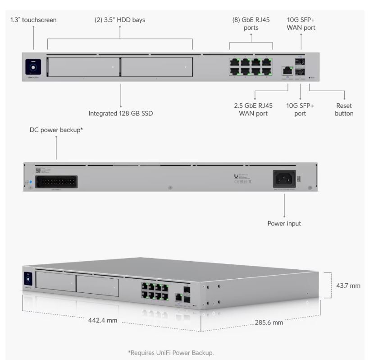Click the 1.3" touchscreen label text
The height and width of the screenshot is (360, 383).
coord(33,20)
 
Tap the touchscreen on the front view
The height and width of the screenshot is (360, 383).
coord(33,68)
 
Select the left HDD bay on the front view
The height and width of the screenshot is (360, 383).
coord(83,67)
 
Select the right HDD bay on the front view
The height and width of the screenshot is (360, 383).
coord(157,67)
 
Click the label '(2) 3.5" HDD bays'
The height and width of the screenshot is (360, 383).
coord(120,20)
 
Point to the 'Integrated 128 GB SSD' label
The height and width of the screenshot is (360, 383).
coord(121,113)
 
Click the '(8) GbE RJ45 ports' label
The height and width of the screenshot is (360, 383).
coord(251,24)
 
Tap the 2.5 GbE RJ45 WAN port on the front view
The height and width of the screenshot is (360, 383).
coord(287,71)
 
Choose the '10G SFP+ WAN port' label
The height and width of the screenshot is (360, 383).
coord(301,24)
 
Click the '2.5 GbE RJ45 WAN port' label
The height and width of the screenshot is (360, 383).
coord(253,109)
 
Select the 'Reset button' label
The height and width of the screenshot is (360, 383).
coord(344,109)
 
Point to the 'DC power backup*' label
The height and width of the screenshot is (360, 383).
coord(56,130)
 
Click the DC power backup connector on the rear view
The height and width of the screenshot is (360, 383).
coord(56,182)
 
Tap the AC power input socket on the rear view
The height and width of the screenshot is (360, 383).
coord(284,179)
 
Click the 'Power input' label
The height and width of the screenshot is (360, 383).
coord(284,223)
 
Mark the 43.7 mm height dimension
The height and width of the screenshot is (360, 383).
coord(348,286)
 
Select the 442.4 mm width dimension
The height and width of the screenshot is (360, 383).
coord(103,321)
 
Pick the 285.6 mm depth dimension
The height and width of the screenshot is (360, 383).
coord(269,322)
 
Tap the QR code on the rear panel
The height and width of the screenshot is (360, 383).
coord(38,171)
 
